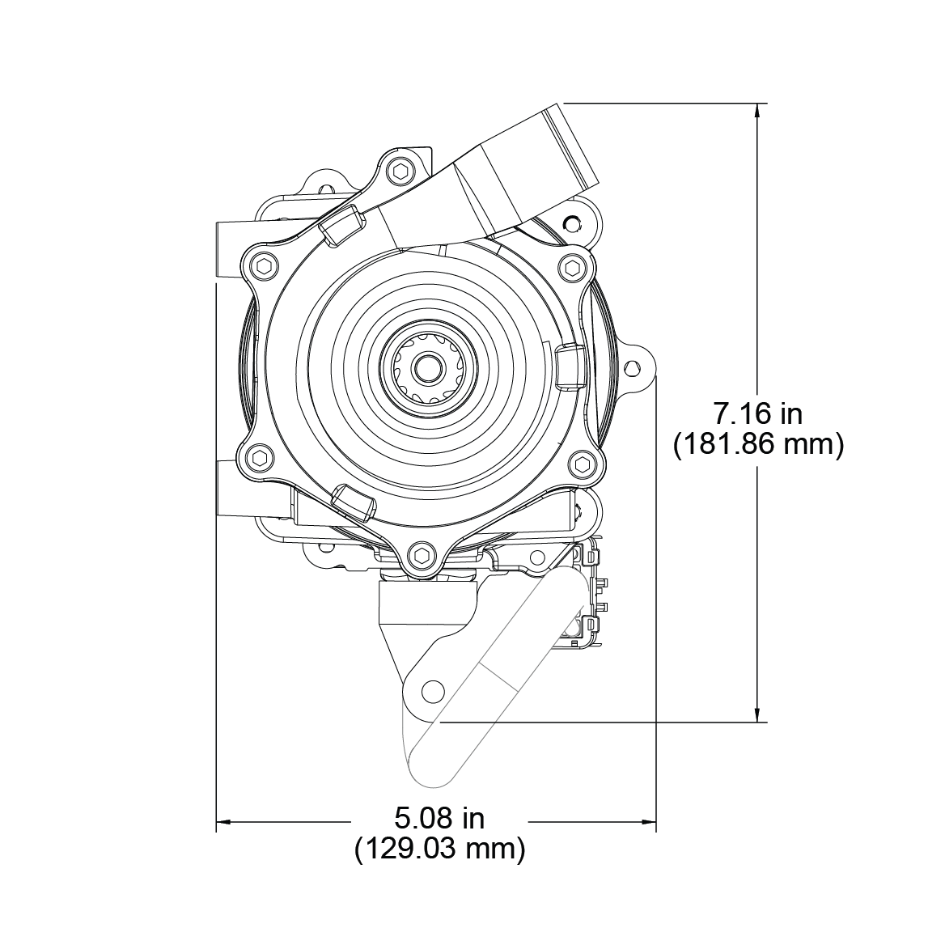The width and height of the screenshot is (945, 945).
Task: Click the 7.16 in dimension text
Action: point(757,413)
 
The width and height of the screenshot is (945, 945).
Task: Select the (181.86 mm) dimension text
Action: point(757,445)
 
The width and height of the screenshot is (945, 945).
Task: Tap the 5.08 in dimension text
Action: point(439,818)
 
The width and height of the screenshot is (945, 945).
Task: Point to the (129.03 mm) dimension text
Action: point(439,849)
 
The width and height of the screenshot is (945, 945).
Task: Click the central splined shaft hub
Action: point(426,369)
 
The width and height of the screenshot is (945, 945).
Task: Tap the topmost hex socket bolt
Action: point(400,171)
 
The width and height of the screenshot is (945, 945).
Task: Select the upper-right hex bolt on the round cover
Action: point(573,266)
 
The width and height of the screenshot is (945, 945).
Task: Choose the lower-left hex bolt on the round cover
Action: point(259,458)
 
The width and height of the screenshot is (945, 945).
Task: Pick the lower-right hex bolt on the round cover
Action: point(582,463)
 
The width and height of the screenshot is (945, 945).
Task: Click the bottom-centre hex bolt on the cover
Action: point(420,555)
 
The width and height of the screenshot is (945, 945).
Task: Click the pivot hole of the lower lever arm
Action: point(434,691)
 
